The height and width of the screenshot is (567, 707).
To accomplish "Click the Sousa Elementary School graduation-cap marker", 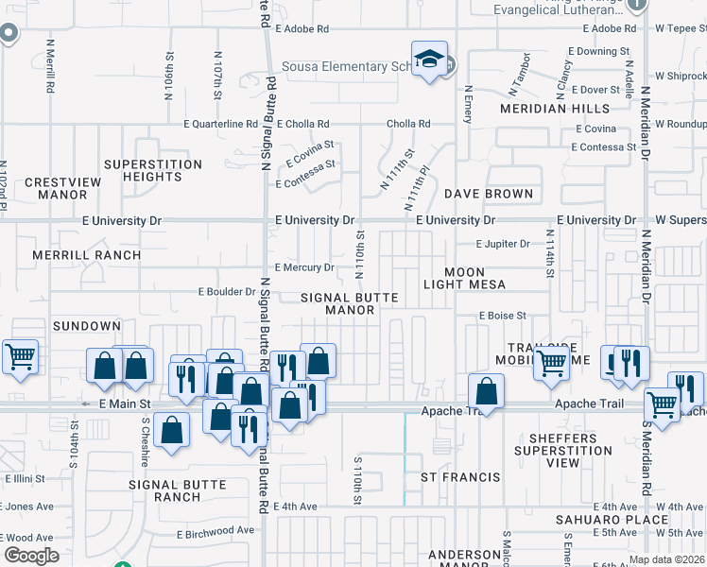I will (x=429, y=60).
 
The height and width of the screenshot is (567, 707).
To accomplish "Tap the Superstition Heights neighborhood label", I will (x=153, y=171).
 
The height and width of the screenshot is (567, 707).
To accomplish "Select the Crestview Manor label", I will (x=56, y=188).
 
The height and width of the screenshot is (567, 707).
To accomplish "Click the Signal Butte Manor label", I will (x=350, y=303).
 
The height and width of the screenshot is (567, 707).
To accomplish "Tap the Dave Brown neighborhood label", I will (x=489, y=194).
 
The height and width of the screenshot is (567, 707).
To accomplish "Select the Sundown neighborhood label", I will (x=87, y=326).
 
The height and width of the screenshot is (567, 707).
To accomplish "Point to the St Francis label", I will (x=460, y=477).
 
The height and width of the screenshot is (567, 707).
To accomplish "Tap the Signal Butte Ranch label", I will (x=178, y=491).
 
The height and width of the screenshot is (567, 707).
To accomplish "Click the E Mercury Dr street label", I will (x=303, y=268).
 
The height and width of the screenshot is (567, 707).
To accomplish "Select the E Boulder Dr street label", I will (x=227, y=292).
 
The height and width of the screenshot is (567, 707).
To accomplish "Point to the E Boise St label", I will (x=501, y=316).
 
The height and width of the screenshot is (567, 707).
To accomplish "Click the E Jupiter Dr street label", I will (x=504, y=244).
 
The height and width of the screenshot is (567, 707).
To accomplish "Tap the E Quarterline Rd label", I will (x=220, y=124).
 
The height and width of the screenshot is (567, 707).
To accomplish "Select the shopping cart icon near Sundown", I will (x=20, y=356).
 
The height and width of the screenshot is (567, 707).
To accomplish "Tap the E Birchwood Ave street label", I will (x=216, y=532).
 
